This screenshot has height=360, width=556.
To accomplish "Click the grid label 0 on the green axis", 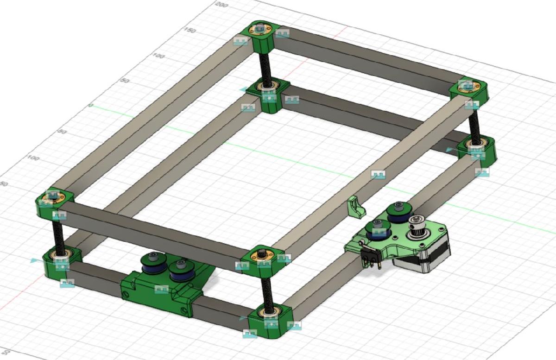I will (x=91, y=106).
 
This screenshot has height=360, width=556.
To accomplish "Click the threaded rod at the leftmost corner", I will (x=57, y=234).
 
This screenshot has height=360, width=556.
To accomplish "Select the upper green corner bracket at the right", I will (x=470, y=90).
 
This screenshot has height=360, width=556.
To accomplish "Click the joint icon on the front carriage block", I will (x=161, y=290).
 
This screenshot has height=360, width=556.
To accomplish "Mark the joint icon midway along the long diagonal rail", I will (x=378, y=174).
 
